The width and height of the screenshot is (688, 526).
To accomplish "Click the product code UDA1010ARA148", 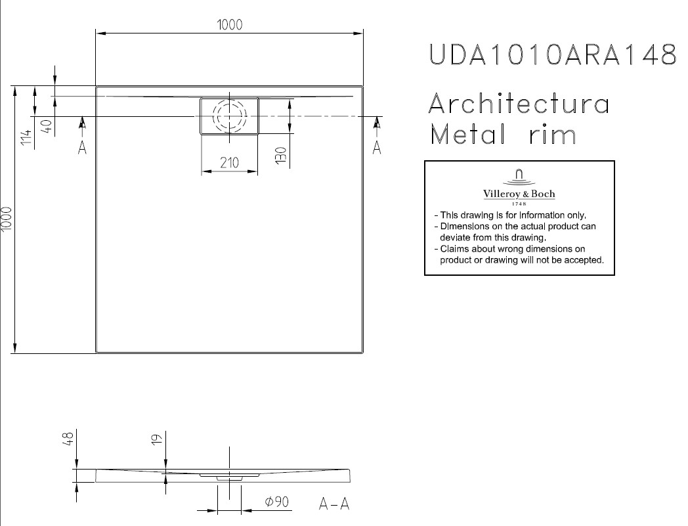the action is (x=552, y=55).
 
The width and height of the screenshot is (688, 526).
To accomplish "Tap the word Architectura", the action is (x=519, y=104).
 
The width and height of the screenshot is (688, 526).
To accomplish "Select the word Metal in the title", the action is (x=467, y=134).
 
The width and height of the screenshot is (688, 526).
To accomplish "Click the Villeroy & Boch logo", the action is (x=519, y=187).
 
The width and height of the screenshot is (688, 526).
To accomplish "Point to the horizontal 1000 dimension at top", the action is (x=230, y=24).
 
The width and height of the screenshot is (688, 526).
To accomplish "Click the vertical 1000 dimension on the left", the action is (x=7, y=219).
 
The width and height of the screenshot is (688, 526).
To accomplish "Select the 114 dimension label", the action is (x=27, y=138).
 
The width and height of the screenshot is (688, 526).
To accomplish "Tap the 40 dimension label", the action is (x=47, y=125).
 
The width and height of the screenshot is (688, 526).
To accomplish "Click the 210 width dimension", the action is (x=229, y=163).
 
